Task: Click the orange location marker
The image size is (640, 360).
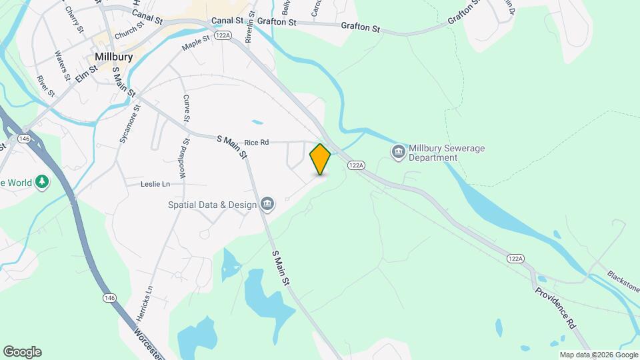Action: (x=320, y=159)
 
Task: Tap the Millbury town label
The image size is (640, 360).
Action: (x=113, y=57)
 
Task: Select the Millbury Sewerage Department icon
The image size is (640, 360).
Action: (x=399, y=152)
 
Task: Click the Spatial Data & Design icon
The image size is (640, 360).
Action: (x=267, y=203)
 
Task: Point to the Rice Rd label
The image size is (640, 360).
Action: (x=256, y=142)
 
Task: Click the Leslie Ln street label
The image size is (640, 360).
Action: (x=155, y=184)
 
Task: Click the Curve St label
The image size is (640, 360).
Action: (x=186, y=109)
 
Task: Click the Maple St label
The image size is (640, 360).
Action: (x=195, y=43)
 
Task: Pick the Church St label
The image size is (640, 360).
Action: (x=129, y=30)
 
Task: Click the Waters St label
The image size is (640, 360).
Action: (x=63, y=65)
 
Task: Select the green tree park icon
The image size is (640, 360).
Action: (x=42, y=181)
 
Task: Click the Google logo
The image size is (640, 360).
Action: (x=22, y=352)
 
